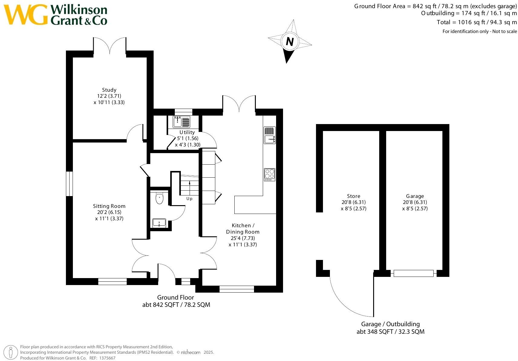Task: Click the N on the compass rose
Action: pos(290,41)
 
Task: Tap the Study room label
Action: pos(109,90)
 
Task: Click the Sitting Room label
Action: pos(109,206)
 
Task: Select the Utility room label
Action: pos(187,132)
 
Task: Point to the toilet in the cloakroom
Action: pos(159,199)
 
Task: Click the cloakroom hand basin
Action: pos(159,223)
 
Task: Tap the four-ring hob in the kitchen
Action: pos(269,175)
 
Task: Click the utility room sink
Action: pos(181,122)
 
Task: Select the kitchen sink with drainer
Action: pos(269,135)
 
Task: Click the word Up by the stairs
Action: pos(189,199)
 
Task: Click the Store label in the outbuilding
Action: pos(353,196)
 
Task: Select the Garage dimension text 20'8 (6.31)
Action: pos(415,202)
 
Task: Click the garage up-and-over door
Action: pos(413,273)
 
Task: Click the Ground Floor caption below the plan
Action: pos(175,297)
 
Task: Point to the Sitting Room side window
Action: pos(70,184)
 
